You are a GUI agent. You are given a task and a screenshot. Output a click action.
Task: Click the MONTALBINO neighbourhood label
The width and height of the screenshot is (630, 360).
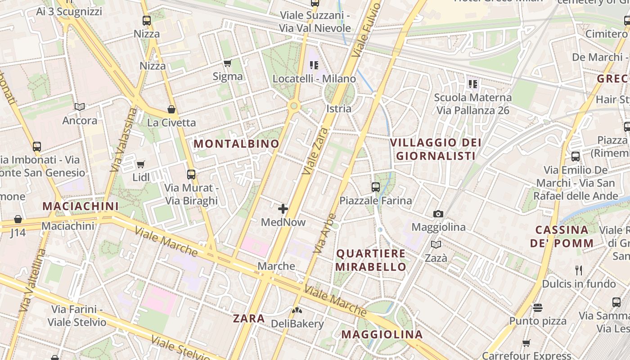[x=236, y=144]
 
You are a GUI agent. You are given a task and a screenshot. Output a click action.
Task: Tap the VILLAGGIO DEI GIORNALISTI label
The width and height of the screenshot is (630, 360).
[x=435, y=149]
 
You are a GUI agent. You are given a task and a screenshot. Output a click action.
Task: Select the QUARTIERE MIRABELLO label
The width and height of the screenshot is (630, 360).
[x=371, y=260]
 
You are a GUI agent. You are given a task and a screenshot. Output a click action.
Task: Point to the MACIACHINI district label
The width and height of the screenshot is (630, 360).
[x=81, y=207]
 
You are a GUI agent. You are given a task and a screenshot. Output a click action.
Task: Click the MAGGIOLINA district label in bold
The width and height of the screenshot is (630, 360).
[x=382, y=334]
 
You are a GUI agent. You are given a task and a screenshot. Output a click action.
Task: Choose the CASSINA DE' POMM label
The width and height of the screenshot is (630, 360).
[x=562, y=237]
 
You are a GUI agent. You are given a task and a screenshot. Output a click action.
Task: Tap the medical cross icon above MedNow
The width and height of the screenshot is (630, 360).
[x=283, y=208]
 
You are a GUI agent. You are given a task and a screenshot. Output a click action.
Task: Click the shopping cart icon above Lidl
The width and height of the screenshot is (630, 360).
[x=141, y=164]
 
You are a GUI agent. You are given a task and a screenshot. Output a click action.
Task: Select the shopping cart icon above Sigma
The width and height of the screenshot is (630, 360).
[x=228, y=63]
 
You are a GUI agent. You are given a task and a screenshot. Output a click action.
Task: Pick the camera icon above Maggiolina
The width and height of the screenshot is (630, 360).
[x=438, y=214]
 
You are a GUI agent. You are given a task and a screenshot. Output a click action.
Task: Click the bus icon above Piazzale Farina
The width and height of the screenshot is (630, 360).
[x=376, y=187]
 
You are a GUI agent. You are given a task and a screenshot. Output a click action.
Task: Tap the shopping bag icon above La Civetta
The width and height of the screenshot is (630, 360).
[x=171, y=109]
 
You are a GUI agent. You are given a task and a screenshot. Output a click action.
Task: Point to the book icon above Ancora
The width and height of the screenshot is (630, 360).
[x=80, y=107]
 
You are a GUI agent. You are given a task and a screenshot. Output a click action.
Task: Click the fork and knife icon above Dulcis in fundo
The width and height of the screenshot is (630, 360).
[x=579, y=270]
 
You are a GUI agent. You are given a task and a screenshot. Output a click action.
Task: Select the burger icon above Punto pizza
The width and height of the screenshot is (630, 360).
[x=538, y=308]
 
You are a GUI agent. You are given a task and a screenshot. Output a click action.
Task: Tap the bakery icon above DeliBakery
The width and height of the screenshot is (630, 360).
[x=297, y=310]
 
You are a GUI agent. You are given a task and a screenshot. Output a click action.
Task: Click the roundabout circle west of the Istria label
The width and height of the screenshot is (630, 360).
[x=294, y=106]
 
